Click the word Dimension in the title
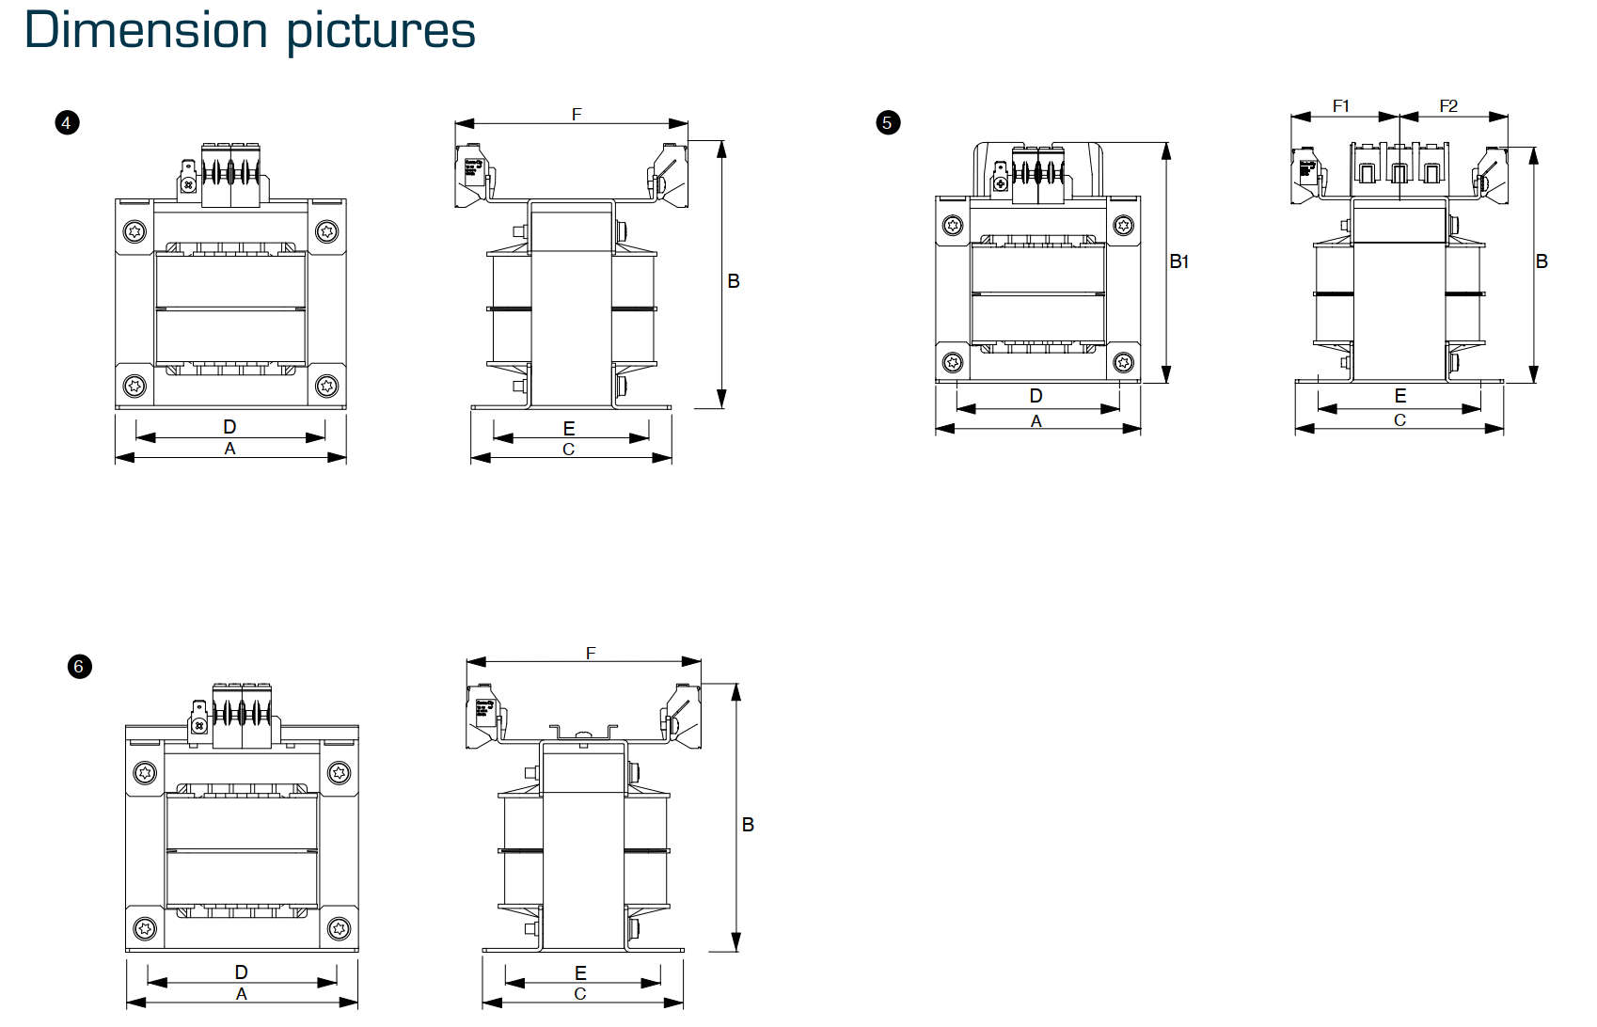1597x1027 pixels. point(146,30)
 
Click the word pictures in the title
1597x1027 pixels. point(381,32)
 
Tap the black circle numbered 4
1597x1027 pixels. point(67,123)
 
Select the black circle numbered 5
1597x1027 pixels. point(887,123)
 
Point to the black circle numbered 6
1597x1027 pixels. point(80,667)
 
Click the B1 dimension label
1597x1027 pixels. point(1179,261)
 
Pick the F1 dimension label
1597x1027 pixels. point(1341,106)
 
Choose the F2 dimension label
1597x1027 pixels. point(1448,106)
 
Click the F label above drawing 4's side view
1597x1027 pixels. point(577,115)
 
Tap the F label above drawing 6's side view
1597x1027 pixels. point(591,653)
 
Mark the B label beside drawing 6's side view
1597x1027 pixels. point(748,825)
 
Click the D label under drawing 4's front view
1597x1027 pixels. point(229,427)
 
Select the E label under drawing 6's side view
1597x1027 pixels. point(580,973)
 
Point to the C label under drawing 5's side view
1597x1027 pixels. point(1399,420)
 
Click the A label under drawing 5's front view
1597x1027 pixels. point(1036,421)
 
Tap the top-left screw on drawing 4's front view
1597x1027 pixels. point(135,231)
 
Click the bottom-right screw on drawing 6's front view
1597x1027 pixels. point(339,929)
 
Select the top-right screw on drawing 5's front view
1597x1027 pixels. point(1123,225)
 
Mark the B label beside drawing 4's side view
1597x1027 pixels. point(734,281)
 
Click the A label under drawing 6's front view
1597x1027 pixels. point(242,994)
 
